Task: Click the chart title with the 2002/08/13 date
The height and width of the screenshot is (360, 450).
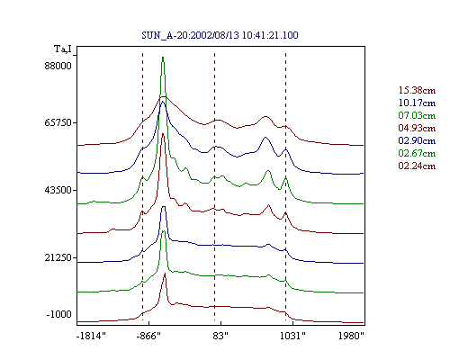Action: (220, 35)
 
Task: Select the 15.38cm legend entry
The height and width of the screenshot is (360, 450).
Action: (417, 90)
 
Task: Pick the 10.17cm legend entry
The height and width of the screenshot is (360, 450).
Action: (417, 103)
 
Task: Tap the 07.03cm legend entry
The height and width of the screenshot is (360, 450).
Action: (417, 115)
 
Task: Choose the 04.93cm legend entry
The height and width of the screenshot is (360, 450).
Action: (417, 128)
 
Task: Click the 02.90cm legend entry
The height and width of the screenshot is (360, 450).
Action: (417, 140)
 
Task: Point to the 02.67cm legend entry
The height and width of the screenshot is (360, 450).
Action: (417, 153)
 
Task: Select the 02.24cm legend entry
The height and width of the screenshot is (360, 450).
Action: (417, 166)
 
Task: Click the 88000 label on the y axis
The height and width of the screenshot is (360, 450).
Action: (58, 66)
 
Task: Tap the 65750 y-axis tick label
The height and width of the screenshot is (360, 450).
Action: (58, 122)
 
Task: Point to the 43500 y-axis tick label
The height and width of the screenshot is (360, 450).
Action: (58, 190)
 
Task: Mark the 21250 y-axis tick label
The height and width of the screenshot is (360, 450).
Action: (58, 257)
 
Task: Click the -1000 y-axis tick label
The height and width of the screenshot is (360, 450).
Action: (59, 314)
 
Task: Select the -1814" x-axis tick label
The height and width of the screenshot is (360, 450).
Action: (92, 336)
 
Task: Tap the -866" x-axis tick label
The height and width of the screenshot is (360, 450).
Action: (148, 336)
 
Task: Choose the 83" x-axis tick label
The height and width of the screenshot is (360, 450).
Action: (220, 336)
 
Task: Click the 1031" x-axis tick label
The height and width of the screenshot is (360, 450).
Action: (292, 336)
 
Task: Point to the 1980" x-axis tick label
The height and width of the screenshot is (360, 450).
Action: (351, 336)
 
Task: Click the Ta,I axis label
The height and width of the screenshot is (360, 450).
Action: (63, 49)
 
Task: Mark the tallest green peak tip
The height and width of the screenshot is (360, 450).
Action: (163, 57)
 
